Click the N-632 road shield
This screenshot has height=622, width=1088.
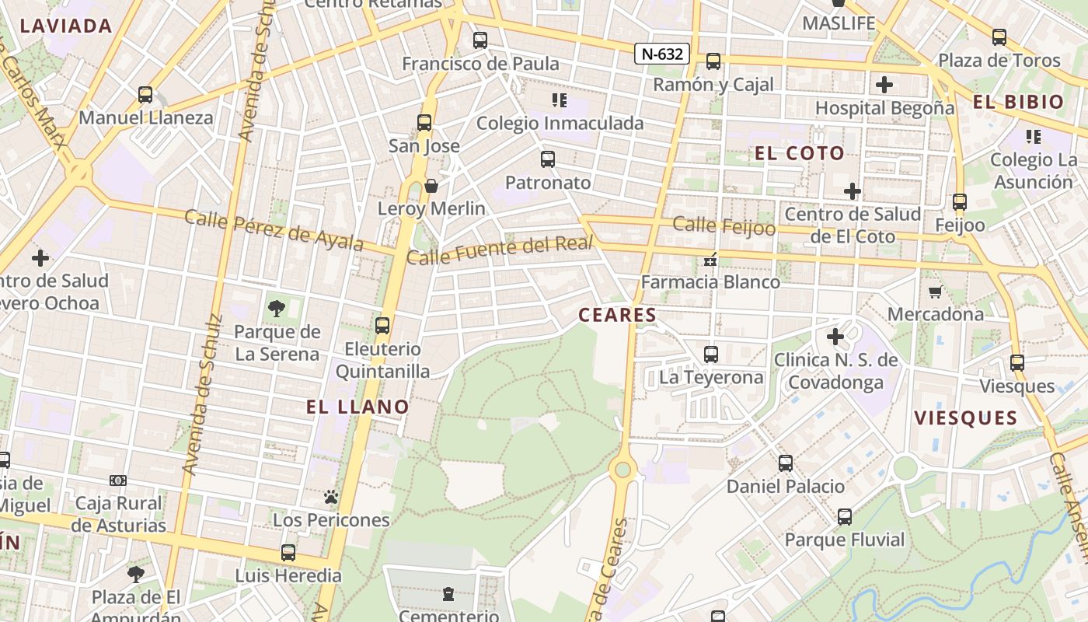[662, 54]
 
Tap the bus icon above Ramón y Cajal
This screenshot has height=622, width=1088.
[713, 61]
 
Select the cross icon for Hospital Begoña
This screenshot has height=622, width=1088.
[884, 85]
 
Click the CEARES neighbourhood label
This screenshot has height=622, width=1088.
[618, 315]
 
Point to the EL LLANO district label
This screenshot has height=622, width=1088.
[357, 407]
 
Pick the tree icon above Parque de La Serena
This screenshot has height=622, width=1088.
[276, 309]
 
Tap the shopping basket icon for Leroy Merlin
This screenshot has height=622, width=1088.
[431, 186]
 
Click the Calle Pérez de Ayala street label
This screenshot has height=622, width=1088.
[274, 230]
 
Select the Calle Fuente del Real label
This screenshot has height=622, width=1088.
[500, 250]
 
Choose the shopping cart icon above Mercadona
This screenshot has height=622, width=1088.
[935, 292]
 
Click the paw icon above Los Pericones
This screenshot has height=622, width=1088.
[331, 496]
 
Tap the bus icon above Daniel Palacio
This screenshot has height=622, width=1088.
[786, 463]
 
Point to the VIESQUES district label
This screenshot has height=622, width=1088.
[965, 418]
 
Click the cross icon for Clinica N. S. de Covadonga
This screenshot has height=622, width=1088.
[835, 337]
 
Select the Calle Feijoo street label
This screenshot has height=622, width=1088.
[724, 225]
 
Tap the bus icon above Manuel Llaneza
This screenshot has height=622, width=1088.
[145, 95]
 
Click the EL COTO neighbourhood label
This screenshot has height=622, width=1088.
[800, 153]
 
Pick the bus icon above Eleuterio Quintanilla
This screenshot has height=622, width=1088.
[382, 326]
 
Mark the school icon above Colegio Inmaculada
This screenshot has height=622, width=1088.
[559, 100]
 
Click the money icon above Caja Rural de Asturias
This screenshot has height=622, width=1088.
[118, 480]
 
